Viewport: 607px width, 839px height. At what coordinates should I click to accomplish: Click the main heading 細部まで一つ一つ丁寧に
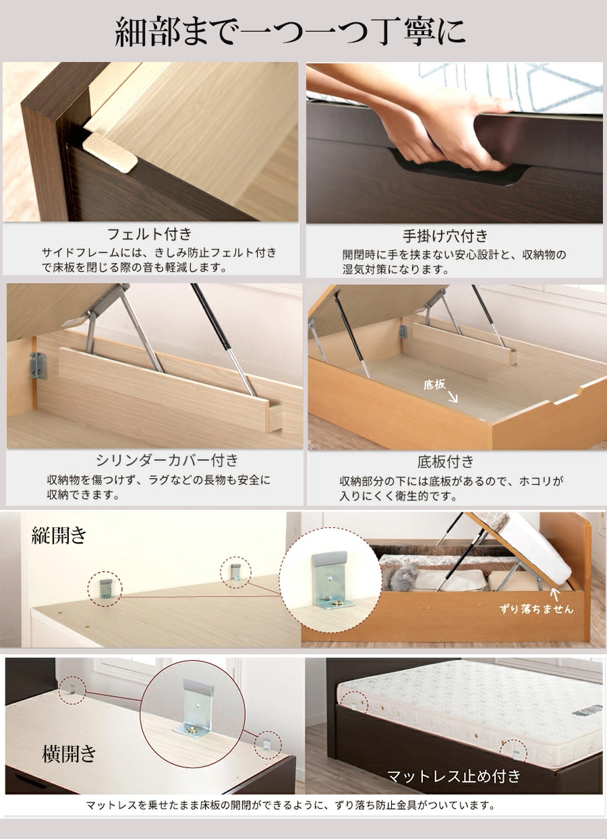click(x=291, y=32)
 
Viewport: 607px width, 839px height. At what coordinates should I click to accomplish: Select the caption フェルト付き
click(x=150, y=234)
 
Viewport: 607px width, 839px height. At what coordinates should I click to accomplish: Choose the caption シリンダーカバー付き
click(x=167, y=461)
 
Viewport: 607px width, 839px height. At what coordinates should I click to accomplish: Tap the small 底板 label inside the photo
click(x=434, y=385)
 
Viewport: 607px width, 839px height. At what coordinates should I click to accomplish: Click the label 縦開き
click(x=59, y=536)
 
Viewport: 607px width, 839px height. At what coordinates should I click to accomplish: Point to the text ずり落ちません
click(x=536, y=609)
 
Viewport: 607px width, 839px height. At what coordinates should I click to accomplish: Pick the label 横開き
click(x=69, y=754)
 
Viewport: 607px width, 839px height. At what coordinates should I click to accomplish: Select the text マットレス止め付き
click(x=453, y=776)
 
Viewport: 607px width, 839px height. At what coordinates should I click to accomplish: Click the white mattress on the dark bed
click(x=472, y=701)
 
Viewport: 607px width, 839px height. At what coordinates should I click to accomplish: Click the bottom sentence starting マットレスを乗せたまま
click(x=291, y=805)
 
